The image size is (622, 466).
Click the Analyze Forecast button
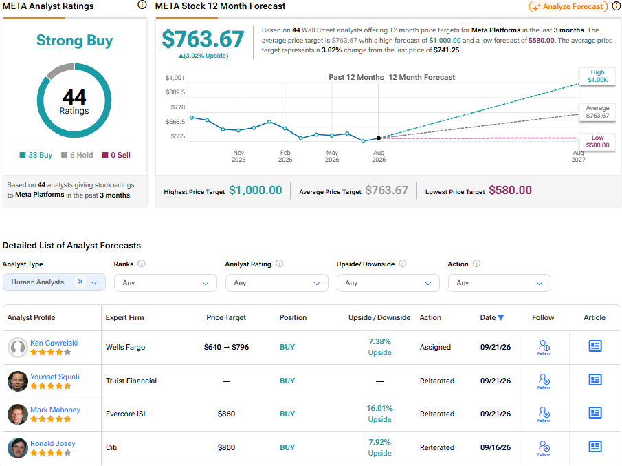coord(568,6)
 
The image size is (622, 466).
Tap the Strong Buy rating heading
coord(75,41)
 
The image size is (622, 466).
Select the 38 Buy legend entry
coord(36,155)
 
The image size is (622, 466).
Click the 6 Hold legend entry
coord(77,155)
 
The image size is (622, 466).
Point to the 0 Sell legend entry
coord(116,155)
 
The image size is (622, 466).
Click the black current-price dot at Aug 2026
coord(379,138)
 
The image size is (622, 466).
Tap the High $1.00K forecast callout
coord(597,76)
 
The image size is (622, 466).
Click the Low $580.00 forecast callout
coord(597,141)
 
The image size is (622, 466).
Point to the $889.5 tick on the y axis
coord(175,92)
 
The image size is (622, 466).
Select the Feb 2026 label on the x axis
coord(285,156)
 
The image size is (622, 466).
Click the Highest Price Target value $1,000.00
coord(256,190)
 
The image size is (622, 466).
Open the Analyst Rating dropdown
coord(277,283)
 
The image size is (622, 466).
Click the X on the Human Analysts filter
coord(80,282)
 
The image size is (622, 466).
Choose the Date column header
coord(492,317)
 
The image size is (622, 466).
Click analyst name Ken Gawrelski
coord(54,343)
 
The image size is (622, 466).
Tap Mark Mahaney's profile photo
coord(17,414)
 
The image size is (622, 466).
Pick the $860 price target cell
coord(226,414)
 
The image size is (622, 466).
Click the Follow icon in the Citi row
coord(544,447)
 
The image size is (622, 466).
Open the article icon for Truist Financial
coord(595,380)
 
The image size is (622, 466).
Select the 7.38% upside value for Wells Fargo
coord(379,341)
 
